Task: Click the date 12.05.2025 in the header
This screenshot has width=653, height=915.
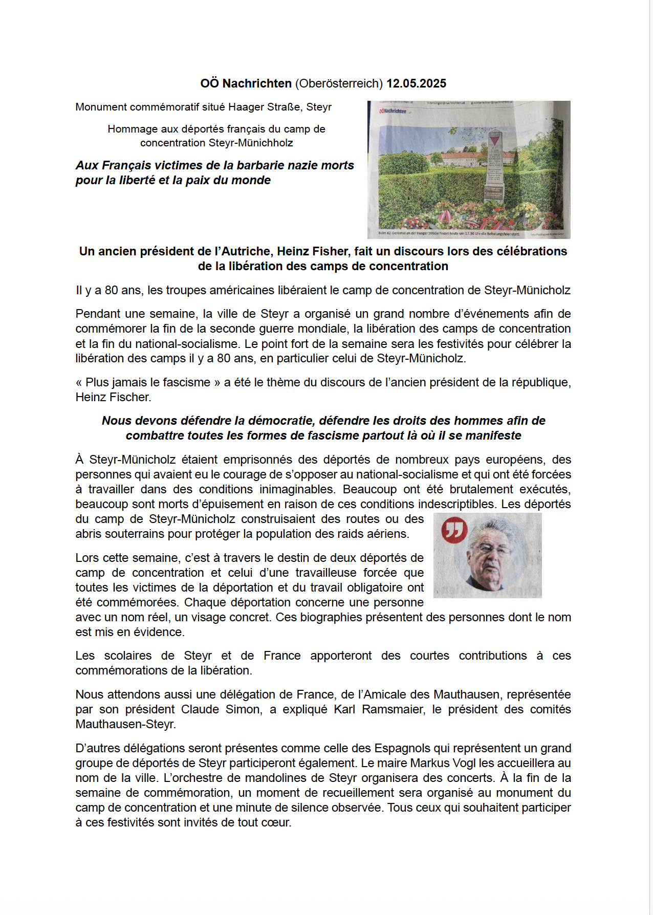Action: click(x=416, y=83)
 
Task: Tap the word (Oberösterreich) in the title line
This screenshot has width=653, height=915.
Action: click(x=339, y=83)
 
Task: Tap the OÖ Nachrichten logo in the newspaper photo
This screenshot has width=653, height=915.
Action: click(x=393, y=111)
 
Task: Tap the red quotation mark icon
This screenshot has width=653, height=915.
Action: click(x=454, y=530)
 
